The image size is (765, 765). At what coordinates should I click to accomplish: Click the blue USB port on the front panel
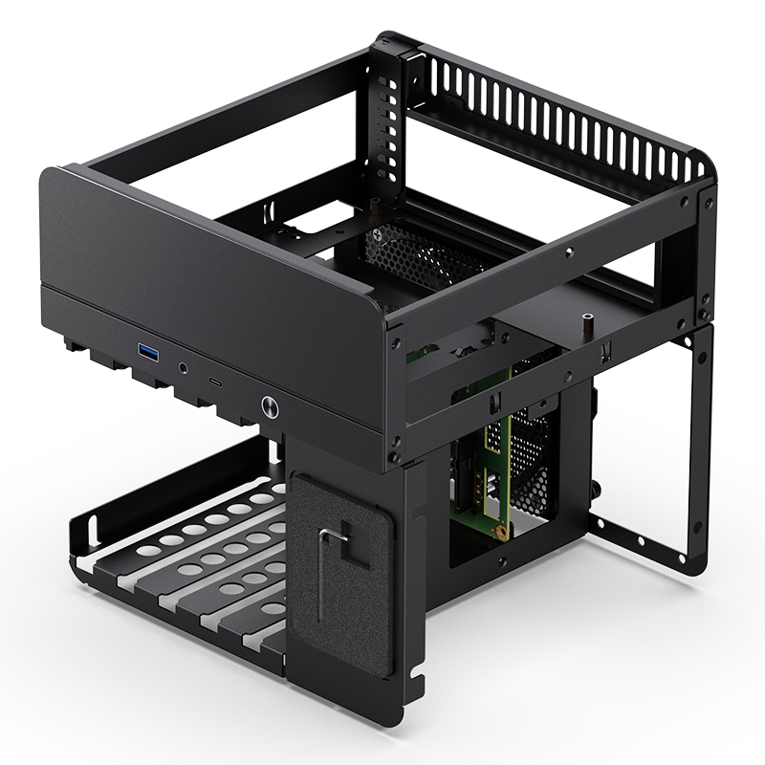[148, 353]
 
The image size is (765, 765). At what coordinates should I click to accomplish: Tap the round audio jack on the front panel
[184, 366]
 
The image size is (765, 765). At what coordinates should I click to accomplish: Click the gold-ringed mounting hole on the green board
[498, 525]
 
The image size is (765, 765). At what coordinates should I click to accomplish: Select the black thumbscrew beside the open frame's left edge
[594, 489]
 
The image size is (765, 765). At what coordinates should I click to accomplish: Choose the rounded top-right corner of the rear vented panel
[706, 166]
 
